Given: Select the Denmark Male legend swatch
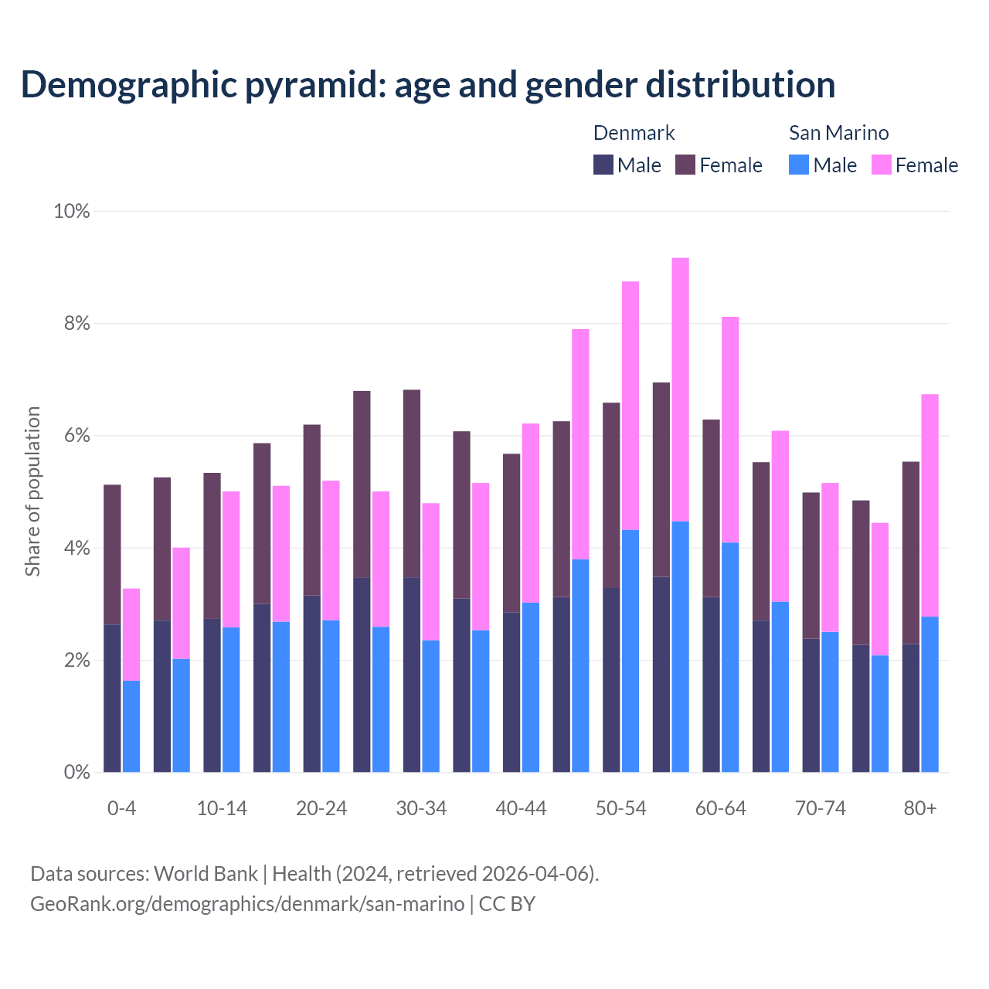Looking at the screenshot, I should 603,165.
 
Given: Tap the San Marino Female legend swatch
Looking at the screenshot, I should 881,165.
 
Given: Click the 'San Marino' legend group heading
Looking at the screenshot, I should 838,133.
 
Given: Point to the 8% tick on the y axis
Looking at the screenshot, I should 76,324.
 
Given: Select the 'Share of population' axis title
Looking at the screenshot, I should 32,491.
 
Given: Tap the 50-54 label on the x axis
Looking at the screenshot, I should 620,808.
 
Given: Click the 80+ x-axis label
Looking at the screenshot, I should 919,808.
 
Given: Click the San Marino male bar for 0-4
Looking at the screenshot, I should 131,726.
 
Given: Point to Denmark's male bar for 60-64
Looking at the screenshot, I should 711,685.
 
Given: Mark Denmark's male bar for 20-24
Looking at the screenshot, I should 312,684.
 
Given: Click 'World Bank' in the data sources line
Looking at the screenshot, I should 206,874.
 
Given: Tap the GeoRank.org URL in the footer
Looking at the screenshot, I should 247,904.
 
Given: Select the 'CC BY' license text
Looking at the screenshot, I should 508,904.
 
